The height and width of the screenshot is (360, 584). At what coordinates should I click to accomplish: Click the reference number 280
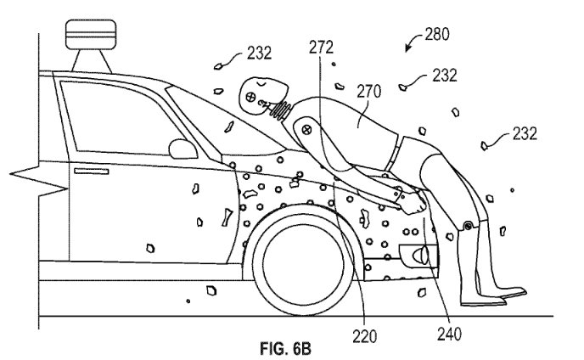tap(437, 34)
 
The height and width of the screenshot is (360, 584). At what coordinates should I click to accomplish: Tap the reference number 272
tap(321, 48)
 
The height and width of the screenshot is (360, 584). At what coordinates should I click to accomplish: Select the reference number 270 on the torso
tap(369, 92)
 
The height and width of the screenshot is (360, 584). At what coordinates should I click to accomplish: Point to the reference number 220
tap(365, 336)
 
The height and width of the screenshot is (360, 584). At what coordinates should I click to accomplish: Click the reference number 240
tap(449, 335)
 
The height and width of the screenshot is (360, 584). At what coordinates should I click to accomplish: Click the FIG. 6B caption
tap(285, 349)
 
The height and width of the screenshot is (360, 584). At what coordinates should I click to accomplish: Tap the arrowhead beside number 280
tap(408, 48)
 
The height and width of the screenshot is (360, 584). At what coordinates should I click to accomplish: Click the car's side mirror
tap(182, 149)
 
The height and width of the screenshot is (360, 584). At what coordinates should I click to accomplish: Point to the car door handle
tap(92, 171)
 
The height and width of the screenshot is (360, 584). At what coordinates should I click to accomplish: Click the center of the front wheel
tap(302, 259)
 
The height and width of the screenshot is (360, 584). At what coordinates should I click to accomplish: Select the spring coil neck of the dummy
tap(283, 110)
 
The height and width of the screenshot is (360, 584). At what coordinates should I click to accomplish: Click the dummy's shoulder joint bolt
tap(306, 130)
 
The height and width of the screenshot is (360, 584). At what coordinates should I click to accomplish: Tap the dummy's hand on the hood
tap(413, 203)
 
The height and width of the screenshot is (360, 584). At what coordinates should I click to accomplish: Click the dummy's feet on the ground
tap(492, 296)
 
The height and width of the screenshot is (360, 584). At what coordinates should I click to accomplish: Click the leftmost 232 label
tap(259, 53)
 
